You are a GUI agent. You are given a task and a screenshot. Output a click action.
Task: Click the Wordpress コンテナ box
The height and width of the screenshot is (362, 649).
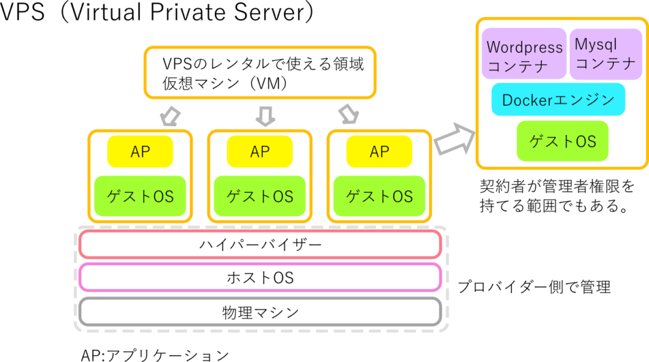coord(524,54)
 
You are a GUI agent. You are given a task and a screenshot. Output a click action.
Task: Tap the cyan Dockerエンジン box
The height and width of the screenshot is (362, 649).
coord(558,100)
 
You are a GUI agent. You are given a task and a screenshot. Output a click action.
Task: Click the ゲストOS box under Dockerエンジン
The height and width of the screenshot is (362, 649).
coord(562,141)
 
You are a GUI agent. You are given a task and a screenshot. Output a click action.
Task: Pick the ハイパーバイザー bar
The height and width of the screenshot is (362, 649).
coord(260,244)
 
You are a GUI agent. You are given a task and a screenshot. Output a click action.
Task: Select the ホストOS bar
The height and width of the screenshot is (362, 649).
coord(260,278)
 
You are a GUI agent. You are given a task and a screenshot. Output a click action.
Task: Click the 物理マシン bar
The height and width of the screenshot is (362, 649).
coord(260,312)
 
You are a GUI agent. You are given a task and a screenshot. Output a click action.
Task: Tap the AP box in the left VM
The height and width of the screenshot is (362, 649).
coord(140,152)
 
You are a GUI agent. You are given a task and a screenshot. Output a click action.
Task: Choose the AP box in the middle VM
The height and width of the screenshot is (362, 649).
coord(260,152)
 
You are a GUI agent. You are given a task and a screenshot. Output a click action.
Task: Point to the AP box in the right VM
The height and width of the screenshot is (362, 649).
coord(379,152)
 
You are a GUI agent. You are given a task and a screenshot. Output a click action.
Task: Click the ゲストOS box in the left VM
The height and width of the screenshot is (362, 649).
coord(140,196)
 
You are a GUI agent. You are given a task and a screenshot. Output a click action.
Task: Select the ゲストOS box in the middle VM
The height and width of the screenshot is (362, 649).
coord(260,196)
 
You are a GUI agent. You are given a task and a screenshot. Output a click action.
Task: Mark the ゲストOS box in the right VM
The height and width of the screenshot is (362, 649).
coord(379,196)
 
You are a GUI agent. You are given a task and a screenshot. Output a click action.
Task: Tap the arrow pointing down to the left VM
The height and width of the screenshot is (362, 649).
coord(169,115)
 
